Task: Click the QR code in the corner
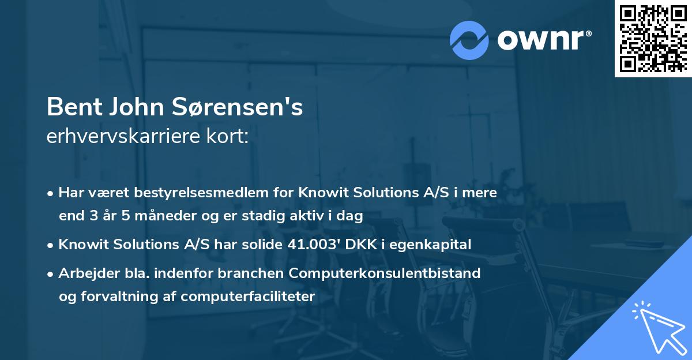click(x=653, y=39)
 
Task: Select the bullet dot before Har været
click(x=51, y=193)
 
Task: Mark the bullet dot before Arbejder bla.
click(x=51, y=273)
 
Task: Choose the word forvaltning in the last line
click(x=120, y=297)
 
